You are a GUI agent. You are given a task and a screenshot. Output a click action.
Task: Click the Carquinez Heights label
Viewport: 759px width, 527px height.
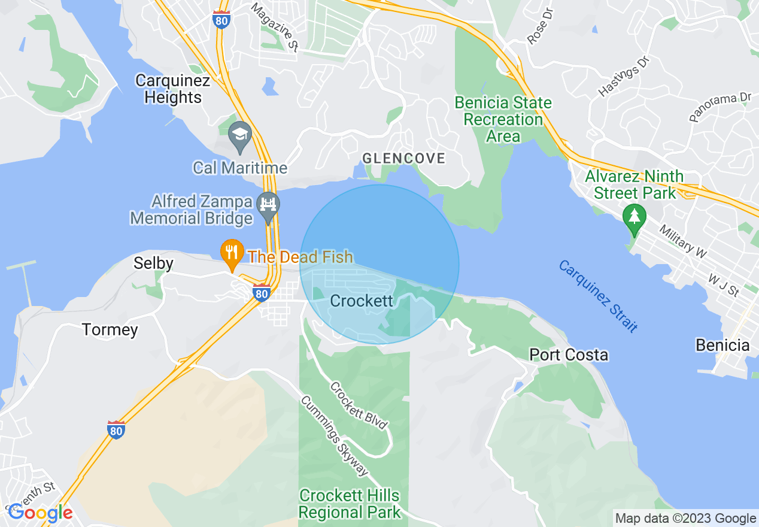click(x=172, y=89)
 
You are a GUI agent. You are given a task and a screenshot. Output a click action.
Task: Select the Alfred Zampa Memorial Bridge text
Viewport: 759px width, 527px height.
click(x=192, y=210)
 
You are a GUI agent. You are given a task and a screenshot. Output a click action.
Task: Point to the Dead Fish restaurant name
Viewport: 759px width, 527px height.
click(x=300, y=258)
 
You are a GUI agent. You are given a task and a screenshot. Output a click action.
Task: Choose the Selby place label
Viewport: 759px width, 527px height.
click(x=153, y=263)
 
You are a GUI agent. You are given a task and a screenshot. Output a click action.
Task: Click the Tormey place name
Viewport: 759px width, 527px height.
click(x=110, y=330)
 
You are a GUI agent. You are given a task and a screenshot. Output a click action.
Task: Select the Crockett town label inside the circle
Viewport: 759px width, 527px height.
click(x=362, y=301)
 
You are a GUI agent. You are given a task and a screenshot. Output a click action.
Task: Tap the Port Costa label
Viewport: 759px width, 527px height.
click(x=569, y=355)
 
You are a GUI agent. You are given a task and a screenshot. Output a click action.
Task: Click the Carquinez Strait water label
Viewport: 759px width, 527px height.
click(x=597, y=296)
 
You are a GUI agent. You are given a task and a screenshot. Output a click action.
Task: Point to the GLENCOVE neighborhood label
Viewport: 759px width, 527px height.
click(x=404, y=159)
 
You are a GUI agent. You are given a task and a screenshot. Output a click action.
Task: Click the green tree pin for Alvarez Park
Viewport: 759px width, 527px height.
click(x=634, y=217)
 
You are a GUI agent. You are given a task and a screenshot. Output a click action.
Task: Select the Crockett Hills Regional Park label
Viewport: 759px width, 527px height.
click(x=350, y=504)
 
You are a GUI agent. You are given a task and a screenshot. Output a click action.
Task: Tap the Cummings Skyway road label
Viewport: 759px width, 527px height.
click(x=335, y=436)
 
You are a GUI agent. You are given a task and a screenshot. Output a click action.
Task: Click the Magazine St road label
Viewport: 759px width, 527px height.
click(x=274, y=28)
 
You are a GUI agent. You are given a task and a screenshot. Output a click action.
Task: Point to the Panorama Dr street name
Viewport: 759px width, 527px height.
click(x=719, y=107)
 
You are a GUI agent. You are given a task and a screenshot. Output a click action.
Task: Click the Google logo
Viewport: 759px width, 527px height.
click(x=40, y=513)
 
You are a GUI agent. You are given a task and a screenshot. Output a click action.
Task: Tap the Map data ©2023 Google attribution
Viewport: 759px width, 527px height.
click(x=686, y=519)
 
